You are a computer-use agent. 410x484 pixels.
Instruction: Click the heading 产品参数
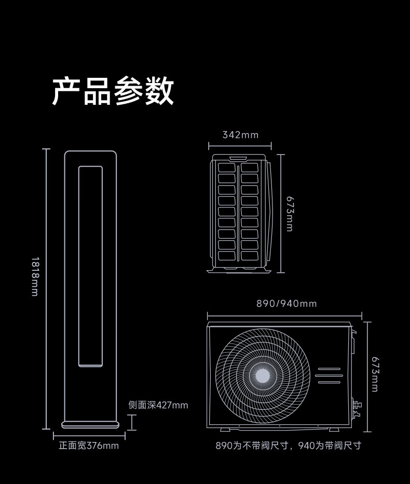113,91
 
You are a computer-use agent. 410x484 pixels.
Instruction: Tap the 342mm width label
240,135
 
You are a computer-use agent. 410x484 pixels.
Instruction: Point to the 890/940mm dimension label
286,303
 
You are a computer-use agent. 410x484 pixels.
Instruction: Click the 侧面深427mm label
158,405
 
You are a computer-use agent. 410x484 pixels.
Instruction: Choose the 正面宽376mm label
89,445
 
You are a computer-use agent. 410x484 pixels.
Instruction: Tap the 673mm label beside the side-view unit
290,213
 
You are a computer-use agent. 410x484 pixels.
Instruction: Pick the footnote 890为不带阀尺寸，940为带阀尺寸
288,445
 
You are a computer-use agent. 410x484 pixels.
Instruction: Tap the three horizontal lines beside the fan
329,376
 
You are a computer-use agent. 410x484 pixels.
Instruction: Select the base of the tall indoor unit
90,424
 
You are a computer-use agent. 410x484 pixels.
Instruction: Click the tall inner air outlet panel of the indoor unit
90,267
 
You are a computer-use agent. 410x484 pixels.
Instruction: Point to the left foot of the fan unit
227,429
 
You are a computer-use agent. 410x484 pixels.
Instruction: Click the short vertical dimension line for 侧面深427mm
133,422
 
